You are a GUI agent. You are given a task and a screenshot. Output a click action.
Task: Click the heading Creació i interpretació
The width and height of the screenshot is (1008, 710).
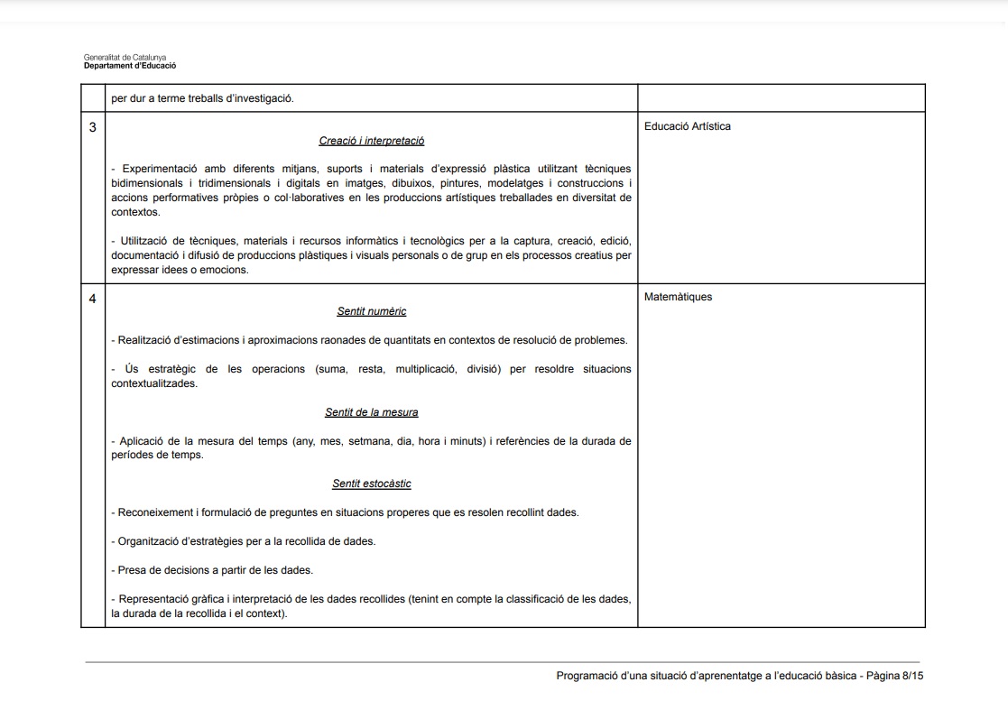coord(371,141)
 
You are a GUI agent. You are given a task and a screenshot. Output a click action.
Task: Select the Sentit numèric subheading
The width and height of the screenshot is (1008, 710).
coord(371,311)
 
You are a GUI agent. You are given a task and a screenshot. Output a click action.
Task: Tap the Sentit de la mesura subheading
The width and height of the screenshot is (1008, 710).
coord(371,412)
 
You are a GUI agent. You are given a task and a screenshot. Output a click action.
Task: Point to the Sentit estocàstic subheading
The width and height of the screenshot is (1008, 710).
coord(371,484)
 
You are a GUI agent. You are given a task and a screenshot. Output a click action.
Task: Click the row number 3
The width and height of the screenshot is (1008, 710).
coord(92,127)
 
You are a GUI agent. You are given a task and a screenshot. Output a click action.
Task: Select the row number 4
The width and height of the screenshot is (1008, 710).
coord(92,298)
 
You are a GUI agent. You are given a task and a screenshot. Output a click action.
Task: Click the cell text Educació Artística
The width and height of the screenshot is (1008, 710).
coord(687,126)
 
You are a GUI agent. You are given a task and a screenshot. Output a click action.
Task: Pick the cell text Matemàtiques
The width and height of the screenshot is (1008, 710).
coord(678,297)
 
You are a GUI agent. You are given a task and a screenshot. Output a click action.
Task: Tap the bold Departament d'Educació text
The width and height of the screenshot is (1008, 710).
coord(130,66)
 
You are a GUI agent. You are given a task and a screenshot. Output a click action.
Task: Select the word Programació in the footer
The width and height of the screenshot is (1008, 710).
coord(587,676)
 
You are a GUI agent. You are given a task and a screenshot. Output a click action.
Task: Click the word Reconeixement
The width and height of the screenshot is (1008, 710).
coord(155,512)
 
